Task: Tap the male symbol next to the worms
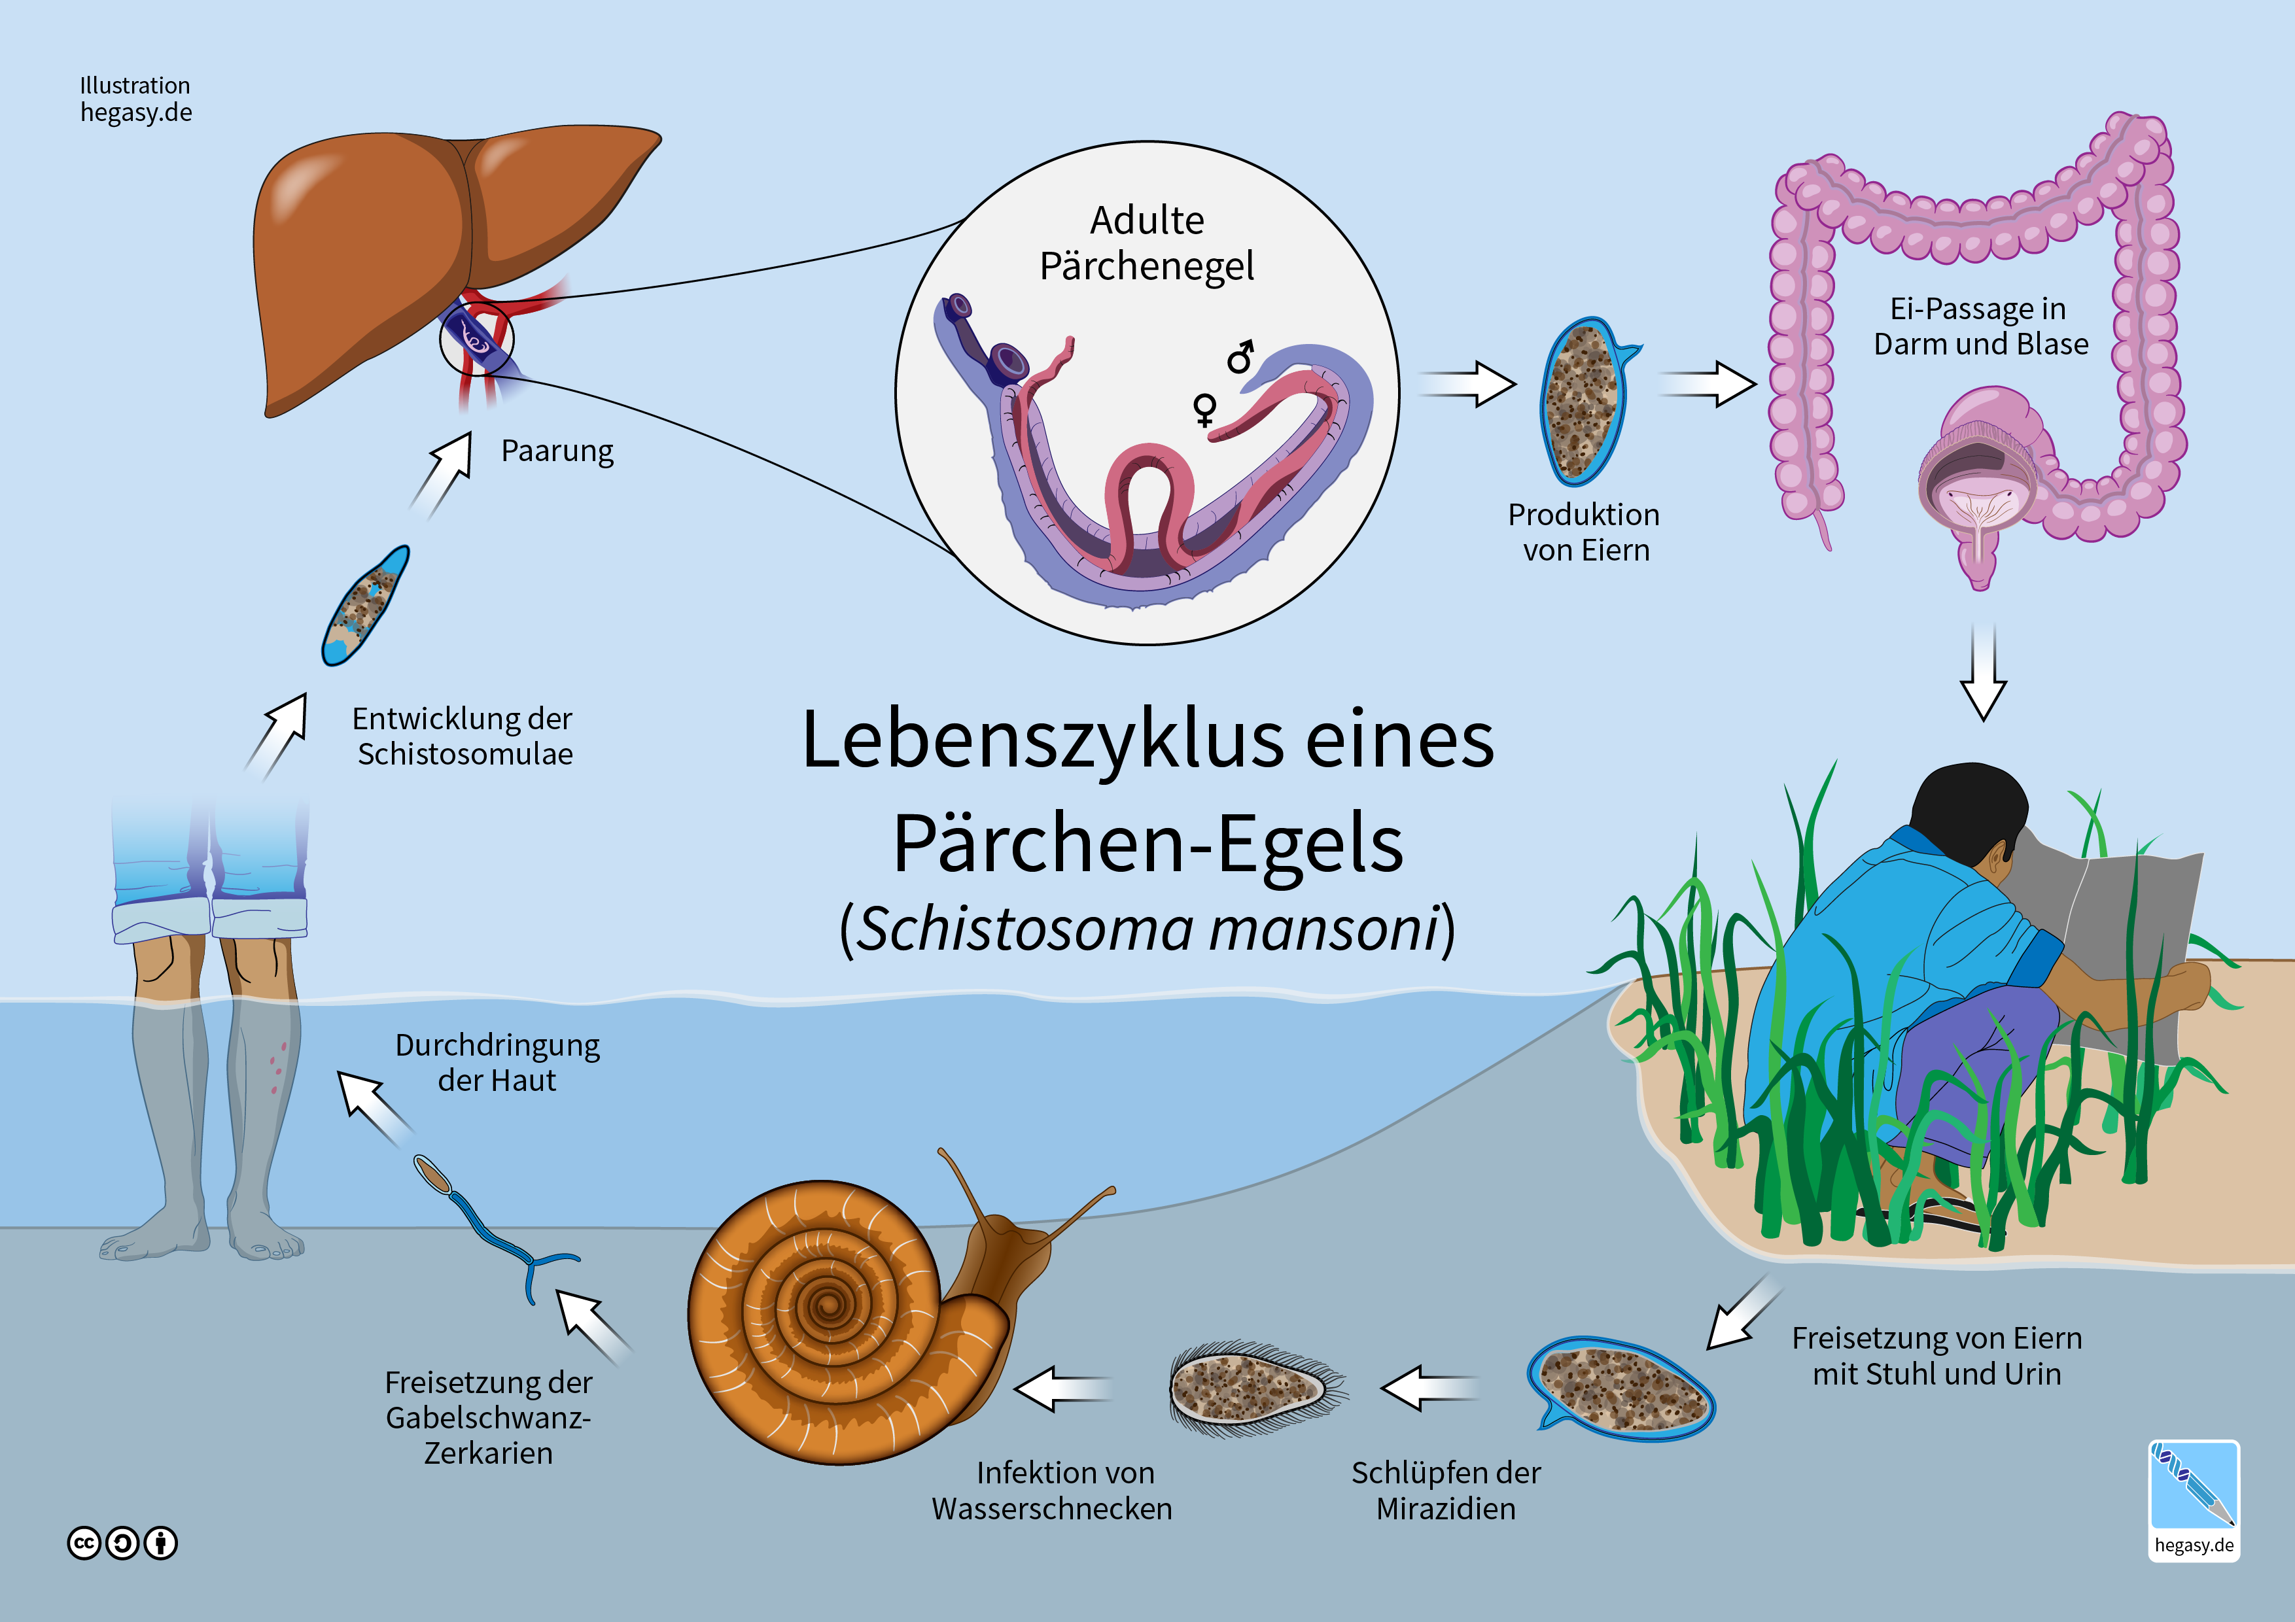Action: [x=1242, y=356]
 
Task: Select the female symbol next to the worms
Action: [x=1206, y=409]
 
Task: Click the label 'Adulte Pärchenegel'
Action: [x=1146, y=243]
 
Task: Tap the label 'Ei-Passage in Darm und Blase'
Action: [x=1980, y=326]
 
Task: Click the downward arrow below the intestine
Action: [x=1983, y=672]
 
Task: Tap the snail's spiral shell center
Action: [x=828, y=1303]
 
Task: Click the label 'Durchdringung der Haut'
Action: [x=497, y=1062]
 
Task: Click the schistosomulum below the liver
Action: [x=366, y=604]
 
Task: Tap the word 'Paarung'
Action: [x=557, y=451]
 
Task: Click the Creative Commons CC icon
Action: [x=84, y=1543]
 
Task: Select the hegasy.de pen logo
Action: [x=2194, y=1499]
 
